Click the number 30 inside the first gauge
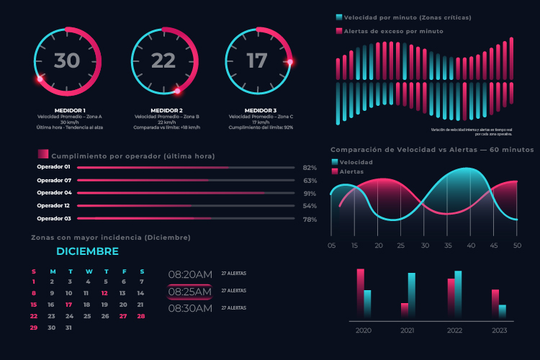click(x=67, y=61)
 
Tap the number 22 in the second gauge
click(x=163, y=61)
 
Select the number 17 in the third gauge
click(x=257, y=61)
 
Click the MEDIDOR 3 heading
click(x=261, y=110)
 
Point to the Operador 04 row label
click(x=54, y=193)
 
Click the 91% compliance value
click(x=310, y=193)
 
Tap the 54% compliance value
click(x=310, y=206)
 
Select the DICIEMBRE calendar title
click(x=87, y=251)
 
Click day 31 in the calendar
click(x=68, y=328)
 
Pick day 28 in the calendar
click(x=141, y=316)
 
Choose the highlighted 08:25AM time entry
click(x=190, y=292)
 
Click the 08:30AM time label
click(x=190, y=308)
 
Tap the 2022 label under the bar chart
click(x=454, y=330)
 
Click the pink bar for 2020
click(x=361, y=292)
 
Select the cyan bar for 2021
click(x=411, y=294)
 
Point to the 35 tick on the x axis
click(x=447, y=246)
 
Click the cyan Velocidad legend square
click(x=334, y=162)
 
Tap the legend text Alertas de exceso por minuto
click(x=393, y=31)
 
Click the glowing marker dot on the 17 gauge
click(x=290, y=63)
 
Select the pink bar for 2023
click(x=495, y=303)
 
